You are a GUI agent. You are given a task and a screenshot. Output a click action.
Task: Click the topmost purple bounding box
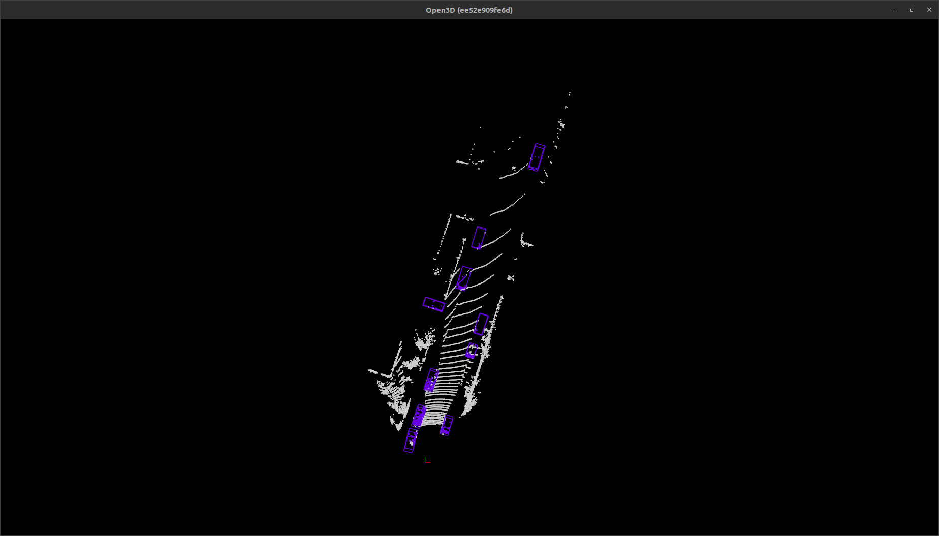pyautogui.click(x=536, y=157)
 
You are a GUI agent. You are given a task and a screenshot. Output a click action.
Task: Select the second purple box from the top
pyautogui.click(x=479, y=238)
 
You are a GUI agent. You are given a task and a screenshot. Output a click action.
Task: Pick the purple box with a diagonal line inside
pyautogui.click(x=464, y=278)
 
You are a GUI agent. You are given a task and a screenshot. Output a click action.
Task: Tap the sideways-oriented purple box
pyautogui.click(x=433, y=304)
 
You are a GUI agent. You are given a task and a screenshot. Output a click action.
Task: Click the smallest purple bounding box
pyautogui.click(x=472, y=351)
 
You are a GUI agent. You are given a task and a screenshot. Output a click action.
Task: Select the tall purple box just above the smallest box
pyautogui.click(x=481, y=325)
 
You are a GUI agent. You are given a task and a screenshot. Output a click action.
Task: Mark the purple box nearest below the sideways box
pyautogui.click(x=431, y=380)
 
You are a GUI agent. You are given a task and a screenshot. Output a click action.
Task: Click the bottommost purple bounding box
pyautogui.click(x=411, y=440)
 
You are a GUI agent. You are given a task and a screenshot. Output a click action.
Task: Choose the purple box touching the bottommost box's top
pyautogui.click(x=418, y=416)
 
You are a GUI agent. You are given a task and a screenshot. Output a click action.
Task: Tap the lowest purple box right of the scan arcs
pyautogui.click(x=447, y=425)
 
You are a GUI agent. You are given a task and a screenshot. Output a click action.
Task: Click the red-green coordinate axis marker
pyautogui.click(x=427, y=461)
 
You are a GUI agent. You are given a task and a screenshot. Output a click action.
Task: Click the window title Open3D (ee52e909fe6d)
pyautogui.click(x=469, y=10)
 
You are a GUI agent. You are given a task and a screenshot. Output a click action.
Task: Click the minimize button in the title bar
pyautogui.click(x=895, y=10)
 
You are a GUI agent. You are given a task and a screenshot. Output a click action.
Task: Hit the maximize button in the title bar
pyautogui.click(x=912, y=10)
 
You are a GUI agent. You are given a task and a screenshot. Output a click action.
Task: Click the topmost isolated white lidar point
pyautogui.click(x=570, y=93)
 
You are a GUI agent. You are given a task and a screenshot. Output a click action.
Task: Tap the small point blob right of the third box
pyautogui.click(x=511, y=278)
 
